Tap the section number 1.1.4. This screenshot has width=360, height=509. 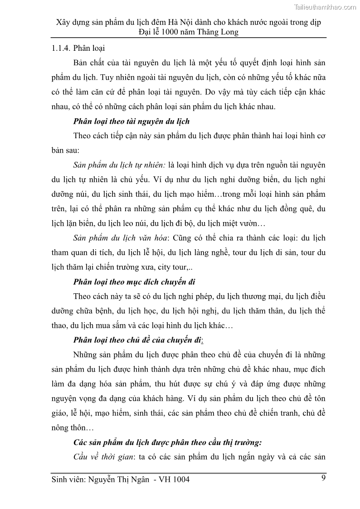tap(61, 48)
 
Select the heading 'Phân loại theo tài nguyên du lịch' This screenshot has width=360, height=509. tap(131, 121)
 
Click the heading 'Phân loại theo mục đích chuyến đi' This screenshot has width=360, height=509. tap(134, 282)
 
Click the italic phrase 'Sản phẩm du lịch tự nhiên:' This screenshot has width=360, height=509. tap(120, 165)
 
